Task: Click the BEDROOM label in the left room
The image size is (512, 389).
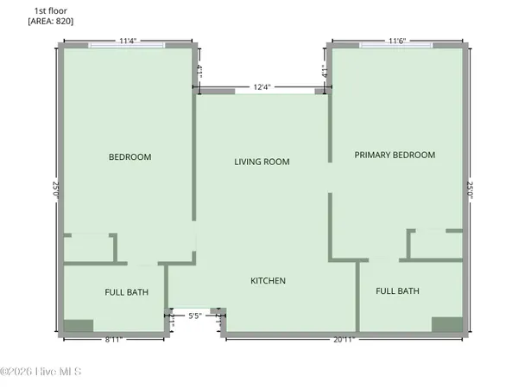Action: [130, 157]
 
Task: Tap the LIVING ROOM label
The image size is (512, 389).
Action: [262, 162]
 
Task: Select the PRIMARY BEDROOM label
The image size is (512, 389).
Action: [395, 155]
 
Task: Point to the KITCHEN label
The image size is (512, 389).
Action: [268, 281]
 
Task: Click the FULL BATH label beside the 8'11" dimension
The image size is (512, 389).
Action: [126, 292]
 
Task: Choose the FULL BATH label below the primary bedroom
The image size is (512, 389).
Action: [397, 291]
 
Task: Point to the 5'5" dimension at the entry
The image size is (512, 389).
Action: [197, 316]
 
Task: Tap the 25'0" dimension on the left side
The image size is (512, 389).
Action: [54, 190]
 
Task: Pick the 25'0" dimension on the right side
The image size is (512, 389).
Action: [471, 190]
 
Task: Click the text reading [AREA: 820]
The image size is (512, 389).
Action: [51, 20]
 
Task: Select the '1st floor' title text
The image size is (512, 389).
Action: [50, 10]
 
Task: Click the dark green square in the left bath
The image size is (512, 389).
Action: [78, 326]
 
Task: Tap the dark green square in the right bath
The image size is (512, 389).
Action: [446, 324]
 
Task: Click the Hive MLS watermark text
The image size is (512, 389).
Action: [41, 372]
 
